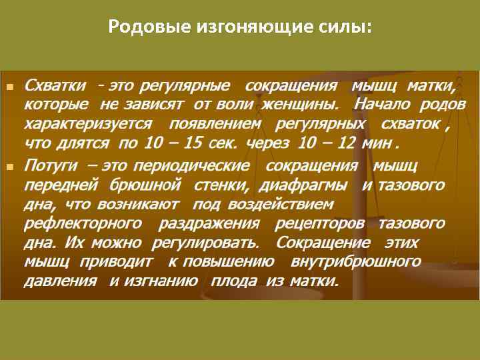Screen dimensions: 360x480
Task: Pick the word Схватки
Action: (55, 87)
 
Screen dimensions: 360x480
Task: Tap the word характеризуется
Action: (88, 124)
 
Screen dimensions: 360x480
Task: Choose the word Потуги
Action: (51, 165)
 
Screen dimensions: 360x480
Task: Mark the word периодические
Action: (201, 165)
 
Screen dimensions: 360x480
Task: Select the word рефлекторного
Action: (83, 223)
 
